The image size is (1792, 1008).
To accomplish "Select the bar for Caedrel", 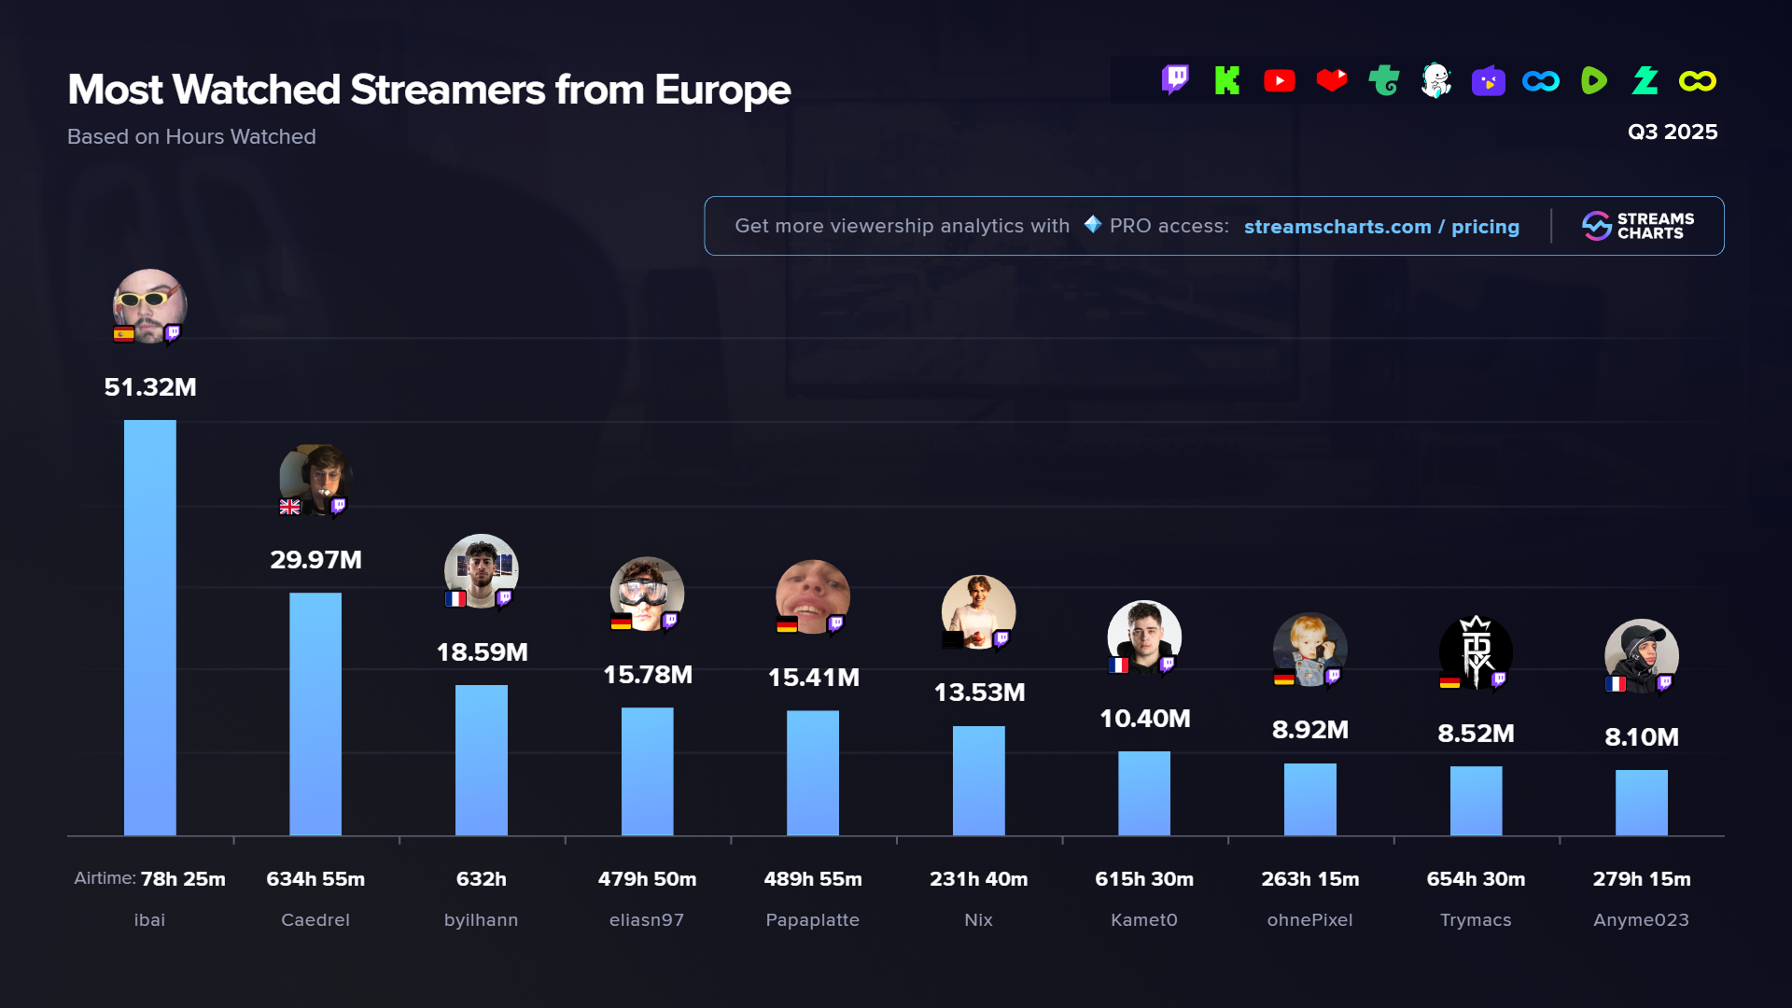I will (315, 714).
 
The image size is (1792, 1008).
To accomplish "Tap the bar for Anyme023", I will (1641, 803).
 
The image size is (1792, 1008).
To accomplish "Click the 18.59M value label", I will (482, 652).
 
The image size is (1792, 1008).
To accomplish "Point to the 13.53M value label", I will (979, 693).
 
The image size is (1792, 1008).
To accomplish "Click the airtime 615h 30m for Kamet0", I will (1144, 879).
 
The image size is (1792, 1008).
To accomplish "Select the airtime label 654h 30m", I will (1476, 879).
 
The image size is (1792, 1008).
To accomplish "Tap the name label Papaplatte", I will (812, 920).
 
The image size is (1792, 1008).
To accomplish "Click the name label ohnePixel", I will (1309, 920).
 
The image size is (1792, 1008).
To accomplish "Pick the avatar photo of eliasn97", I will (647, 593).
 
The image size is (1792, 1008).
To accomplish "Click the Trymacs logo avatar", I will (1476, 651).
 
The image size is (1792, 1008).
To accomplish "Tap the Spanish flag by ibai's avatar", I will (123, 334).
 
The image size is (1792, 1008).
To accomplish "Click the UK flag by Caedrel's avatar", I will (289, 507).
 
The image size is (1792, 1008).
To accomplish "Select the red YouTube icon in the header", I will (1279, 81).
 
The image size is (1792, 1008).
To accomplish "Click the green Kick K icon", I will (1226, 81).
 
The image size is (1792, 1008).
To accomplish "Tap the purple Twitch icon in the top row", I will (1175, 80).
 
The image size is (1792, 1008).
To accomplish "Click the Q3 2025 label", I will (1673, 132).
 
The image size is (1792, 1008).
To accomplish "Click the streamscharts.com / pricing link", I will (1381, 227).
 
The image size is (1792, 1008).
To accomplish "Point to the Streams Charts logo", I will (1638, 226).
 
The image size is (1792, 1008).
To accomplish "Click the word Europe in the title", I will (722, 91).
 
